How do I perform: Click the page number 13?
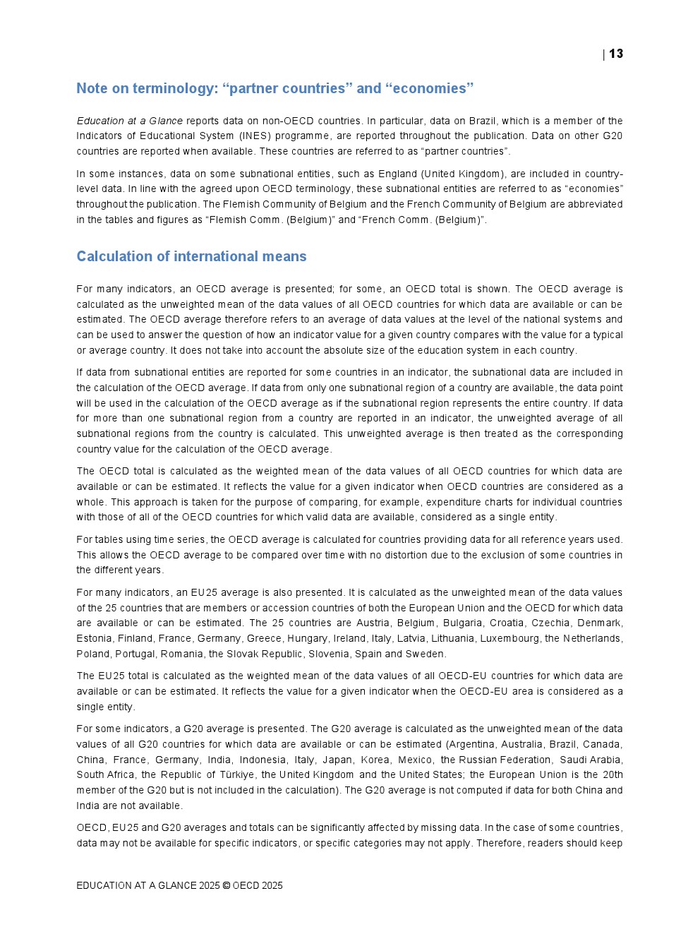point(616,54)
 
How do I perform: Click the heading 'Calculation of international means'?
point(191,256)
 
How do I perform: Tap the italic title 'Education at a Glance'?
point(129,121)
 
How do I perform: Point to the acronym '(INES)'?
point(254,136)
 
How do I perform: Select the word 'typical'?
point(607,335)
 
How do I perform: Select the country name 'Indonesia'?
point(262,760)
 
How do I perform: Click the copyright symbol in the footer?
point(226,885)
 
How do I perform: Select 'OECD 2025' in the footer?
point(258,885)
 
